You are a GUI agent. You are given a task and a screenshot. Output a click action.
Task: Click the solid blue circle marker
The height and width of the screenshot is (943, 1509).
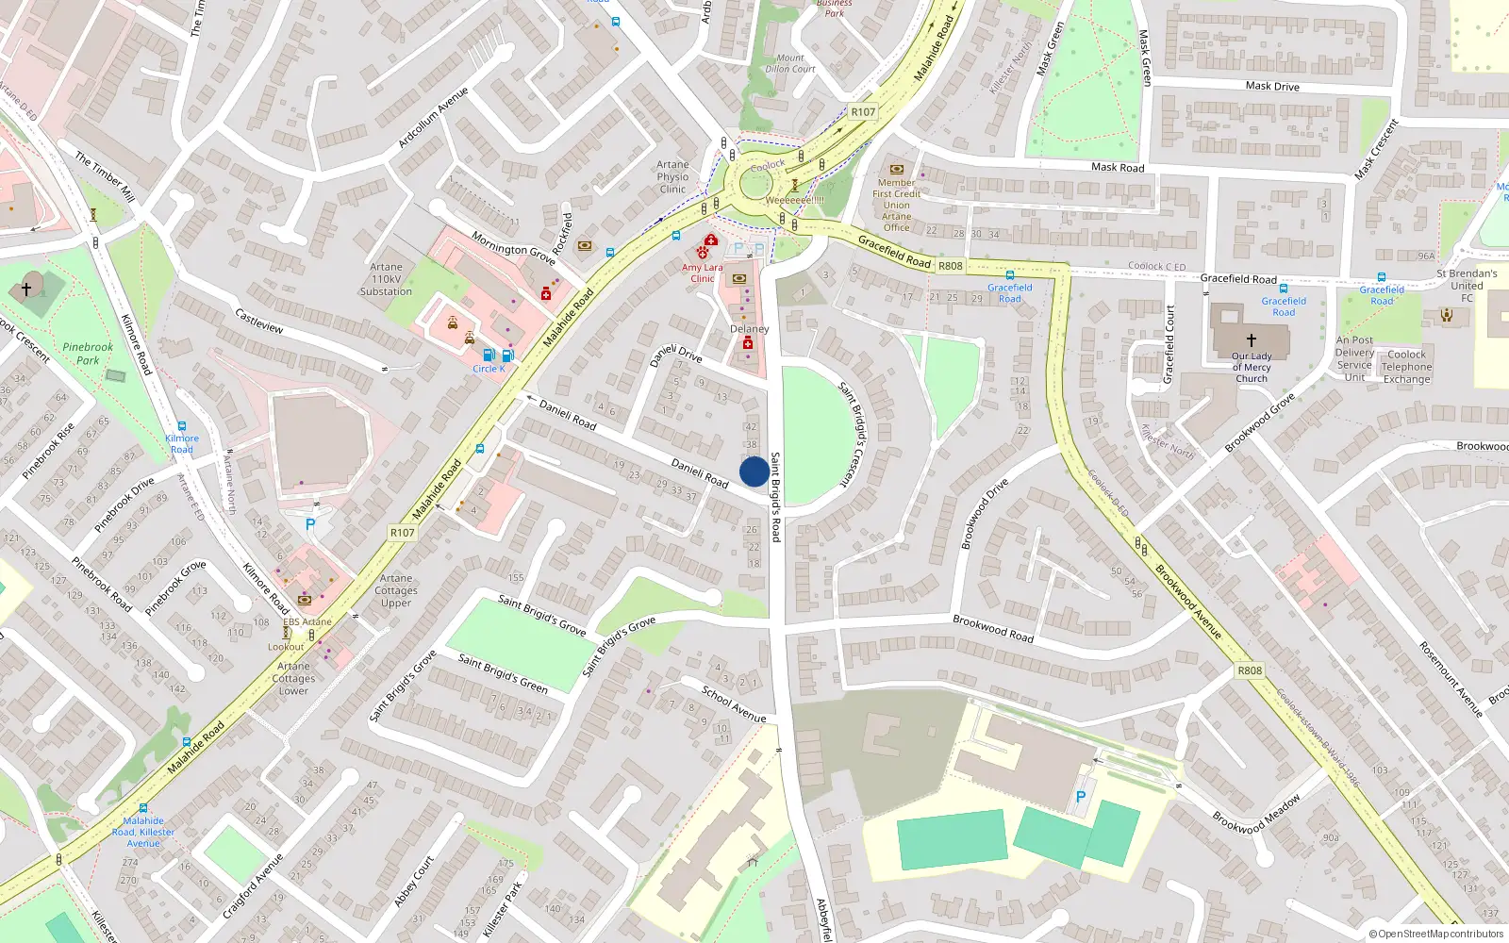754,471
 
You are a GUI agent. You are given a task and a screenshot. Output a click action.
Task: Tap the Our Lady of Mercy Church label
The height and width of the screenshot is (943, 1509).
1252,367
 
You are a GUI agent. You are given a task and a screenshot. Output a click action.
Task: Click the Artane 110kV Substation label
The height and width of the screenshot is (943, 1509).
386,279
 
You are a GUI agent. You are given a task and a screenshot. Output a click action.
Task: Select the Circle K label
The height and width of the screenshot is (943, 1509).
489,369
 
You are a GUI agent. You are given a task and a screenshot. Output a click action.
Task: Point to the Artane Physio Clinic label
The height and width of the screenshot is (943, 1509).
672,176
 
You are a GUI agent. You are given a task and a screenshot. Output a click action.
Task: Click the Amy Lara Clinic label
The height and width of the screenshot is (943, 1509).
702,273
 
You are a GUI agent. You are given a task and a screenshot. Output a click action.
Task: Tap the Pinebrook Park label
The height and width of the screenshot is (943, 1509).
88,354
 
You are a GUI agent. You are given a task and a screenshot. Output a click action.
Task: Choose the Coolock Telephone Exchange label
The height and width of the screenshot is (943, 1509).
1406,367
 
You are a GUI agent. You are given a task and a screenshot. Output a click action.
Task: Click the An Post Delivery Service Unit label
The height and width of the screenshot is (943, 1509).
1354,358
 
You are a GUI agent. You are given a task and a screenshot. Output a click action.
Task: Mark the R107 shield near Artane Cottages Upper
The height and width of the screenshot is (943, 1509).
402,533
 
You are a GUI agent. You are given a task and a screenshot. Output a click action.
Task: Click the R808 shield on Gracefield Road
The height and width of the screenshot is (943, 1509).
950,266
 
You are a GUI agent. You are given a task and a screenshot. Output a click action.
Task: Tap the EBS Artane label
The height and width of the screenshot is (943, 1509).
307,621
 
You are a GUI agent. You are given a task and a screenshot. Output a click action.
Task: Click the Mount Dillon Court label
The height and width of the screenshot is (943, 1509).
790,63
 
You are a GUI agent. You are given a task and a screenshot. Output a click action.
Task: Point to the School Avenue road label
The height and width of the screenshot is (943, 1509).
734,703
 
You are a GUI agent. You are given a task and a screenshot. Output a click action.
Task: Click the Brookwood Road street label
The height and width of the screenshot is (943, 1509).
992,629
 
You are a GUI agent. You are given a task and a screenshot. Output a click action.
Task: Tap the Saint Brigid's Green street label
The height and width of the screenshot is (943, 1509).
503,672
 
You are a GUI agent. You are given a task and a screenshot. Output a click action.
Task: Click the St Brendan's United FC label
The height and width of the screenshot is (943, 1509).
1467,286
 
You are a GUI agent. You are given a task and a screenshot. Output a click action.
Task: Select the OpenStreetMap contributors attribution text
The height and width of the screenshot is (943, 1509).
1435,934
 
